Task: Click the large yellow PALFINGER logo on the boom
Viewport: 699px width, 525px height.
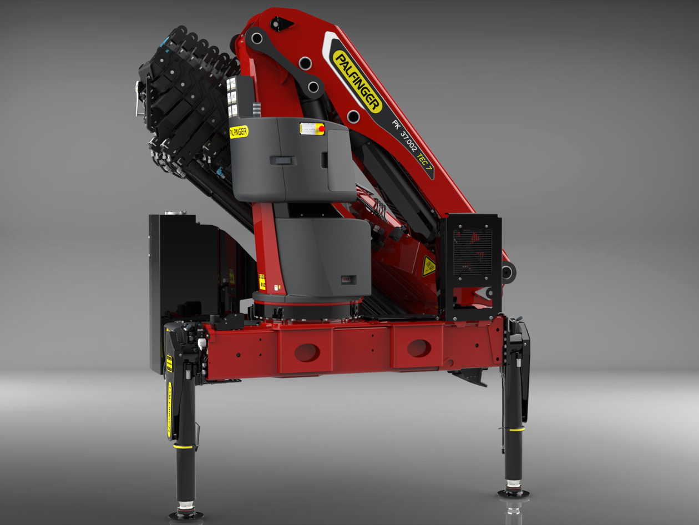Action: tap(357, 81)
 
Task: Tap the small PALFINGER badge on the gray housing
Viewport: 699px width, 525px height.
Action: tap(239, 132)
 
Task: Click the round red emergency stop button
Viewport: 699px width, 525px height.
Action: tap(321, 129)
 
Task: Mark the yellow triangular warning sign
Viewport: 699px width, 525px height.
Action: tap(428, 266)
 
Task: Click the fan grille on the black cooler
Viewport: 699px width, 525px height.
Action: tap(472, 253)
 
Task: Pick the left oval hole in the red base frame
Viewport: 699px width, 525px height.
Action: tap(307, 352)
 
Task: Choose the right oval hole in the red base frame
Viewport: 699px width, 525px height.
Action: tap(419, 348)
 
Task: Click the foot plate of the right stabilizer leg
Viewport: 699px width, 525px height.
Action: tap(513, 492)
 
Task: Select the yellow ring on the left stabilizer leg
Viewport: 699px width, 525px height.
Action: tap(183, 446)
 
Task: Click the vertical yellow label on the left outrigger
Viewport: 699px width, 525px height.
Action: tap(170, 408)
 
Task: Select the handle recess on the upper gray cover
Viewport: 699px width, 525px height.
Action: tap(283, 160)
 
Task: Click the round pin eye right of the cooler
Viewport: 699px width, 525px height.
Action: tap(508, 272)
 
